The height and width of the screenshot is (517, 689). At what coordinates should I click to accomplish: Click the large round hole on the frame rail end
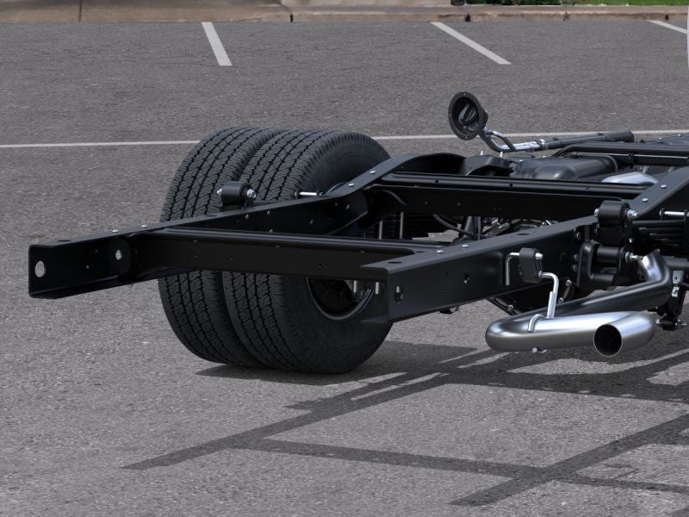point(40,268)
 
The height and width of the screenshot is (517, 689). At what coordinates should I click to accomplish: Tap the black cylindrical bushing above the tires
point(234,194)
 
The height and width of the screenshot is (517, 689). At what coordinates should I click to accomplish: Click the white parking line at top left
point(216,43)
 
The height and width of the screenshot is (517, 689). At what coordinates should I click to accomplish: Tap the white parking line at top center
point(469,42)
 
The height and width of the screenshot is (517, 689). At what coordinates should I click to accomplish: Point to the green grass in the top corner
point(603,2)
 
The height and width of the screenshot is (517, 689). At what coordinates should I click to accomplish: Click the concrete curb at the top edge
point(172,10)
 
